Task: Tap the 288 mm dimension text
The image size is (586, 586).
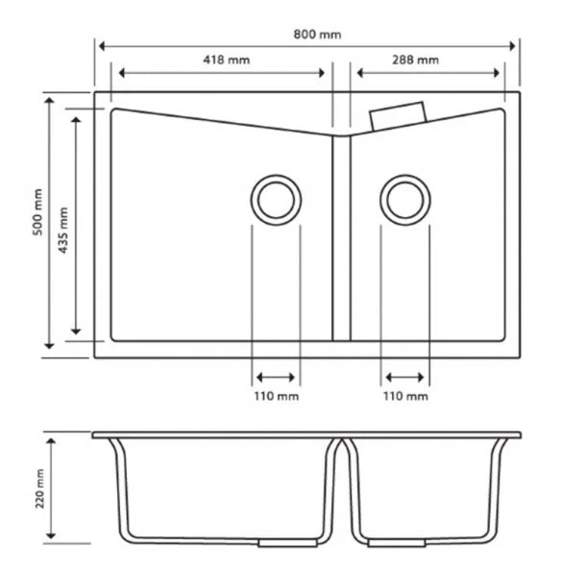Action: (x=415, y=60)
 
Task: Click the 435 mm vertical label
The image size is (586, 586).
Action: (x=64, y=228)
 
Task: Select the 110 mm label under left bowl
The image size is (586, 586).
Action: (x=276, y=396)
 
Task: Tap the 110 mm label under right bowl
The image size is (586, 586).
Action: (x=405, y=396)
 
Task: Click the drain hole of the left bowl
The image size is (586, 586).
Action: (x=276, y=200)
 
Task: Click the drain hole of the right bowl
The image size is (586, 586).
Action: (x=404, y=200)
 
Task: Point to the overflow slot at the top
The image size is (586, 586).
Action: (x=397, y=115)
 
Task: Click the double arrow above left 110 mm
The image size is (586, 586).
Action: (x=276, y=377)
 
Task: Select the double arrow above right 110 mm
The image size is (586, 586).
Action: (x=404, y=377)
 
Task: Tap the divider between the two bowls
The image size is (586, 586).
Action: (x=341, y=235)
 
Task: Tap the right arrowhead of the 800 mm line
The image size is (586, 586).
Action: (x=513, y=46)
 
